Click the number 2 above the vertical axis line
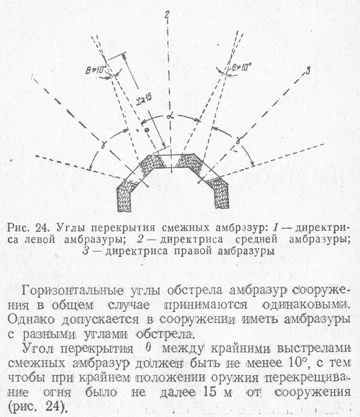[167, 15]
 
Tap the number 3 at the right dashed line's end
[308, 71]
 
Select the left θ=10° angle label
[96, 70]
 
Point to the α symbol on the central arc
[169, 117]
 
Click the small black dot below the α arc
[146, 130]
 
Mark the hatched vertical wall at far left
[124, 197]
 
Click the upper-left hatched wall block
[152, 165]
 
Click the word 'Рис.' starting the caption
[18, 228]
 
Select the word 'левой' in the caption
[40, 240]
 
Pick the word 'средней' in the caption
[256, 239]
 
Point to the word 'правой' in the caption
[191, 251]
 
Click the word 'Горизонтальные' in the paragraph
[73, 291]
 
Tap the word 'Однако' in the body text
[31, 320]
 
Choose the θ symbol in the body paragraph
[148, 348]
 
